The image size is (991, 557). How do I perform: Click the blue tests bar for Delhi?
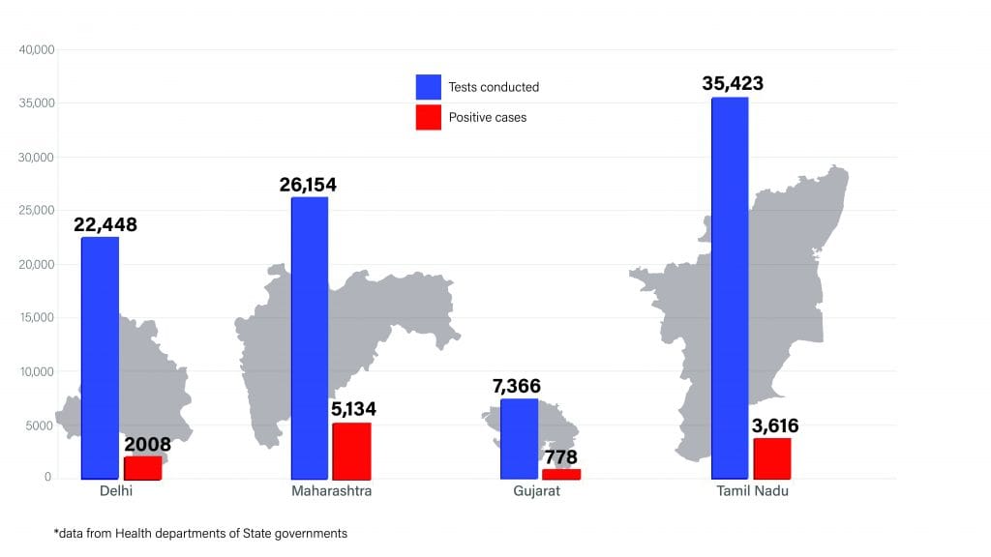tap(100, 358)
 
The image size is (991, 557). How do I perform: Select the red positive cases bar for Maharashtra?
tap(351, 451)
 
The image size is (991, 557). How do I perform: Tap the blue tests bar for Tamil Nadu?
tap(730, 288)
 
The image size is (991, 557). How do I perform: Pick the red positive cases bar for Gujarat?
tap(561, 474)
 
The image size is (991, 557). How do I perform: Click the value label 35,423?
tap(733, 83)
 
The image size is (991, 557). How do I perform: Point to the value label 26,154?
tap(309, 184)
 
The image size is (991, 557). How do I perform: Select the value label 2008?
tap(147, 445)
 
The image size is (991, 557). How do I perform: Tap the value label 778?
tap(560, 457)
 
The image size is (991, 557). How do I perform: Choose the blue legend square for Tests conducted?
tap(429, 87)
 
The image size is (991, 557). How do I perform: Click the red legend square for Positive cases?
tap(429, 118)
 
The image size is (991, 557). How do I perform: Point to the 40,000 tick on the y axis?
tap(38, 49)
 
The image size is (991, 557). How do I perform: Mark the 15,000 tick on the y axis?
tap(38, 317)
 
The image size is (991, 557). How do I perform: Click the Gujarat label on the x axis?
tap(536, 491)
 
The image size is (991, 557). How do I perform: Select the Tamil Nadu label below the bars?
tap(753, 491)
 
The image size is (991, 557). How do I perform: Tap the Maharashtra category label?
tap(331, 491)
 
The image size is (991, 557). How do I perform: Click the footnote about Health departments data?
tap(200, 533)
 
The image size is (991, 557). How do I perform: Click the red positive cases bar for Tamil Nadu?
tap(771, 458)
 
